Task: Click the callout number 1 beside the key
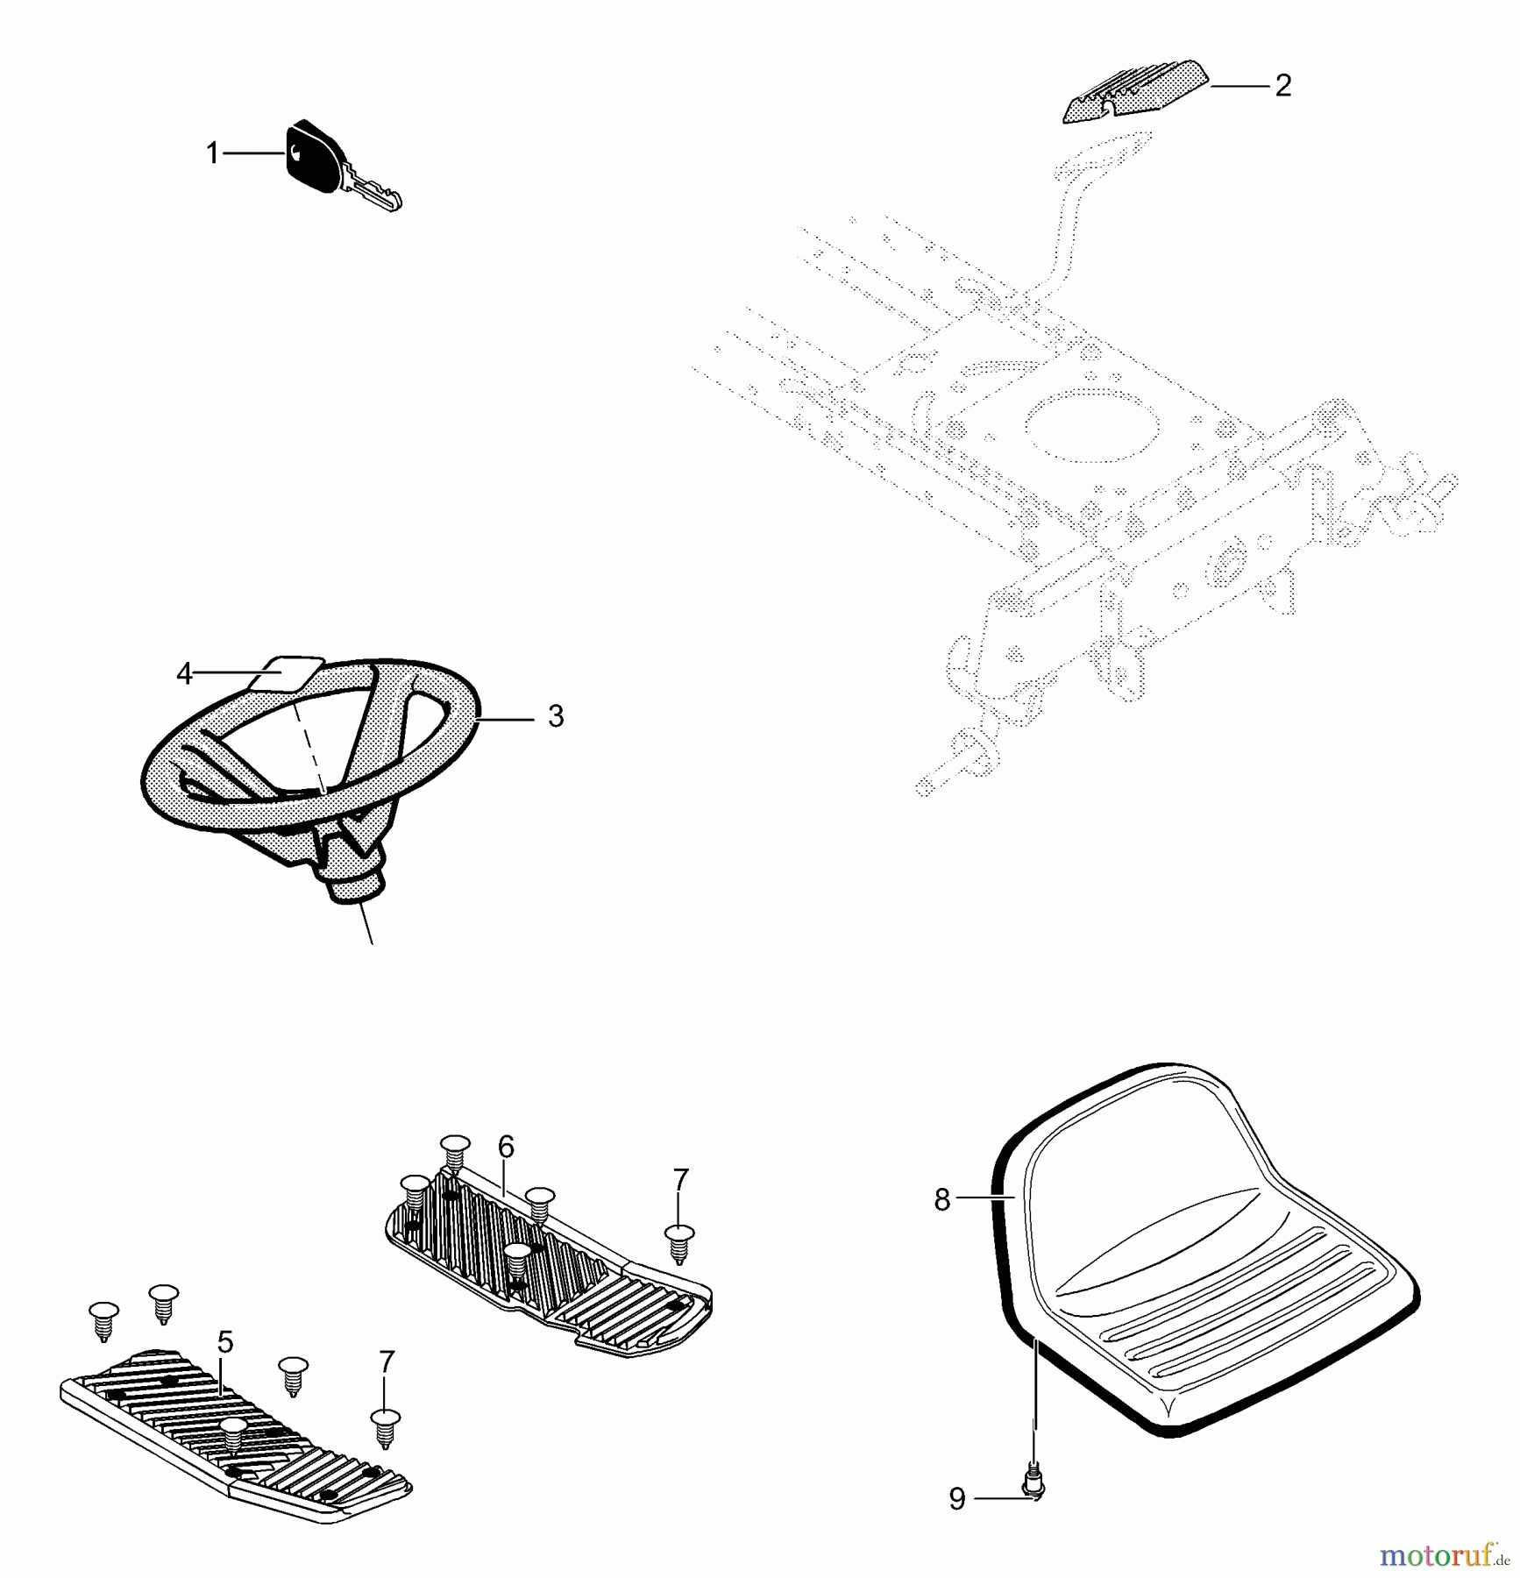pyautogui.click(x=212, y=154)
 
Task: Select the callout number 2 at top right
pyautogui.click(x=1282, y=85)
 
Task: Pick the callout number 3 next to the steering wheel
pyautogui.click(x=556, y=716)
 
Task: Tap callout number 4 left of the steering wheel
pyautogui.click(x=184, y=674)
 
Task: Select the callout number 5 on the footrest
pyautogui.click(x=225, y=1341)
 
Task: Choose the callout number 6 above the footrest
pyautogui.click(x=506, y=1146)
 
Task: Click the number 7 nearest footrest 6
pyautogui.click(x=681, y=1181)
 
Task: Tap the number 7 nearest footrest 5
pyautogui.click(x=387, y=1362)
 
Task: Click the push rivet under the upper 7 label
pyautogui.click(x=680, y=1245)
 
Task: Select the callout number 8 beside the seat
pyautogui.click(x=942, y=1200)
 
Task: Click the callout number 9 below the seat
pyautogui.click(x=957, y=1499)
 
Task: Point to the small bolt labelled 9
pyautogui.click(x=1034, y=1483)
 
